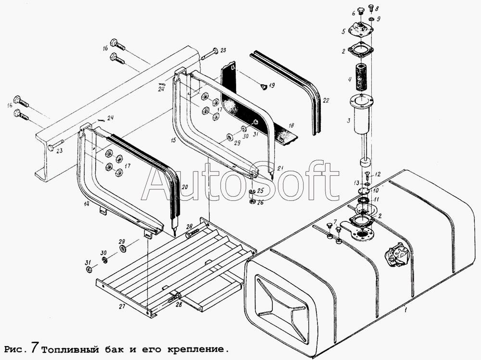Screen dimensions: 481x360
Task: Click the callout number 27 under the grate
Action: [122, 306]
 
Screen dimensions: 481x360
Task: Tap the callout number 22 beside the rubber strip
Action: [326, 101]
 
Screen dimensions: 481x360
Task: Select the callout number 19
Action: [272, 86]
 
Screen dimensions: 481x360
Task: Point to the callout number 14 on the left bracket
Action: [87, 203]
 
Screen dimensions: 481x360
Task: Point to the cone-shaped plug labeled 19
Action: [263, 87]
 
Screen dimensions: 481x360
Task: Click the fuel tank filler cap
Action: [397, 255]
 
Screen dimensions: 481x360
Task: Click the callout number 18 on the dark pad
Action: [291, 126]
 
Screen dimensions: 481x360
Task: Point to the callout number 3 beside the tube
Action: [348, 121]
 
